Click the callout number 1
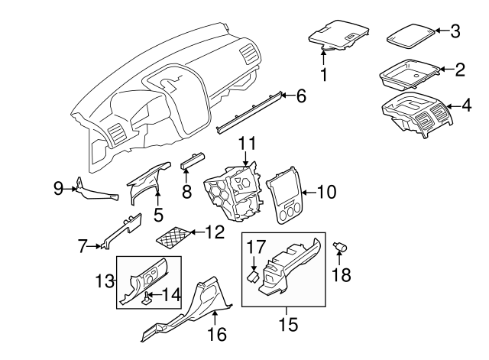(x=323, y=75)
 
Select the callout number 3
(x=455, y=31)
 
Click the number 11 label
(x=246, y=143)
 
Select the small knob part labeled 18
(x=342, y=246)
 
